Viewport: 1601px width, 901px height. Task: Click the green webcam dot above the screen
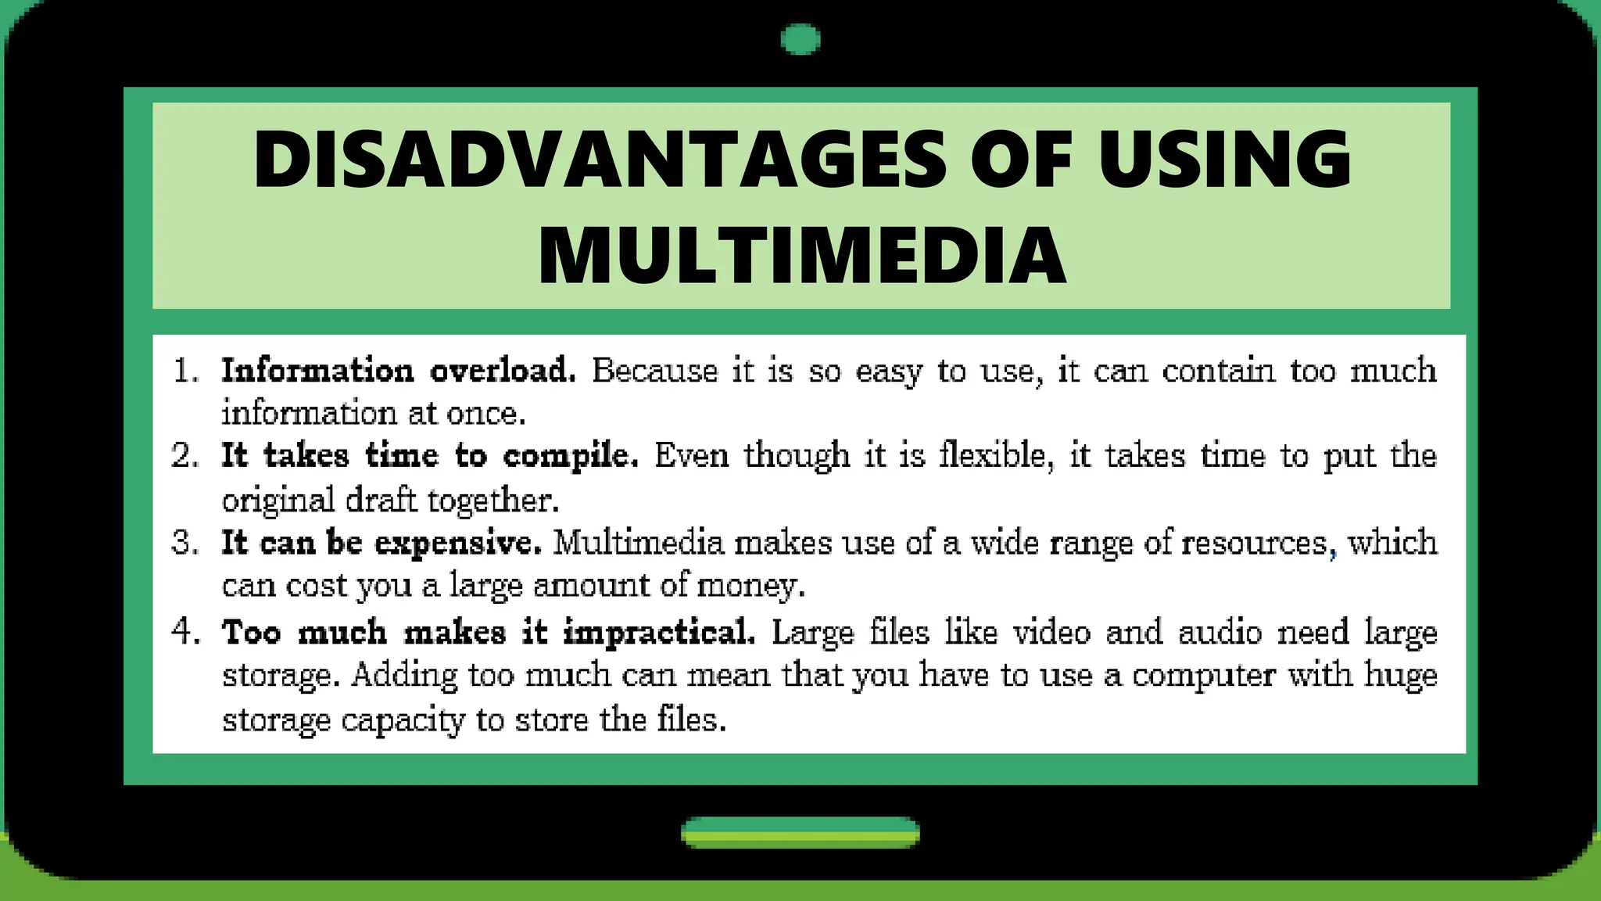[x=800, y=39]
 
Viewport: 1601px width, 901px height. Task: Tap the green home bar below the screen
[x=800, y=832]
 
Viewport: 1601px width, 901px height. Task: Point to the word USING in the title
[x=1224, y=160]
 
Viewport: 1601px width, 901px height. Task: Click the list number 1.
[x=185, y=370]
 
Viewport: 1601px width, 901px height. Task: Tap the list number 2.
[x=185, y=455]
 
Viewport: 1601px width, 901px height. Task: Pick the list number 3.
[x=185, y=542]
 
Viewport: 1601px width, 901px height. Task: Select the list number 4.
[x=185, y=631]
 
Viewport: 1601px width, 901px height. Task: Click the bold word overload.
[x=503, y=370]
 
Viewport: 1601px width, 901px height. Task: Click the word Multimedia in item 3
[x=639, y=542]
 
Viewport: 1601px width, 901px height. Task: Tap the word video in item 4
[x=1051, y=631]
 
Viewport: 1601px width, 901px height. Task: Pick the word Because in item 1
[x=654, y=370]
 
